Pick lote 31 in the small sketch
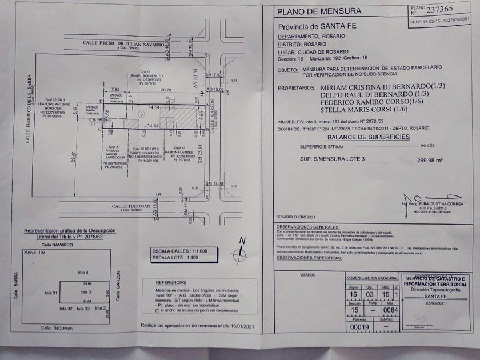51,293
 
